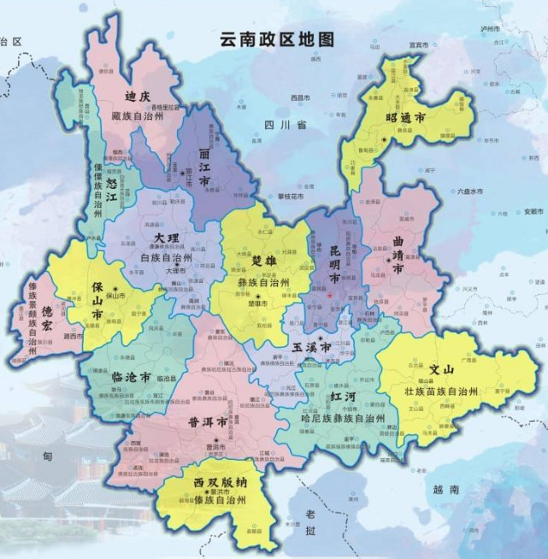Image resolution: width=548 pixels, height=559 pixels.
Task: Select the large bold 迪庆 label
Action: tap(138, 96)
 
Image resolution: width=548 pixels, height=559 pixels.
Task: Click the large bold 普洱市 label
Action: tap(208, 423)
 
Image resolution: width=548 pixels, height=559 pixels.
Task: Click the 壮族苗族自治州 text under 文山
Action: tap(448, 391)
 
